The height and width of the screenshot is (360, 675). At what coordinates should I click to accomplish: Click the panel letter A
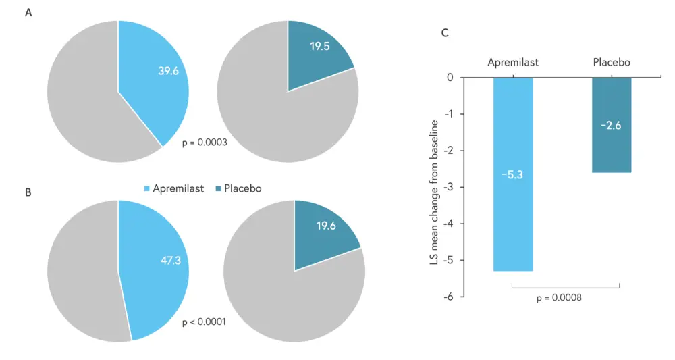[x=28, y=14]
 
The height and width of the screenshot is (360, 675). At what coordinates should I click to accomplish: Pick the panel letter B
[x=28, y=192]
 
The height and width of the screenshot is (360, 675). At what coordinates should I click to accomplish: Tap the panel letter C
[x=445, y=32]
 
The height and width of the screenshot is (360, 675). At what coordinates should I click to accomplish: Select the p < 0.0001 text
[x=204, y=322]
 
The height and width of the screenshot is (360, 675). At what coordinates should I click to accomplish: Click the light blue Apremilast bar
[x=513, y=223]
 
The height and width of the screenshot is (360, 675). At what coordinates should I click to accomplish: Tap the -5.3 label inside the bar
[x=513, y=175]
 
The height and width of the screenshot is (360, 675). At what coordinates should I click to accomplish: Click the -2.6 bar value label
[x=612, y=125]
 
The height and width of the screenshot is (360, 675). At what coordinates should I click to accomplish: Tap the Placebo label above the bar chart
[x=612, y=62]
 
